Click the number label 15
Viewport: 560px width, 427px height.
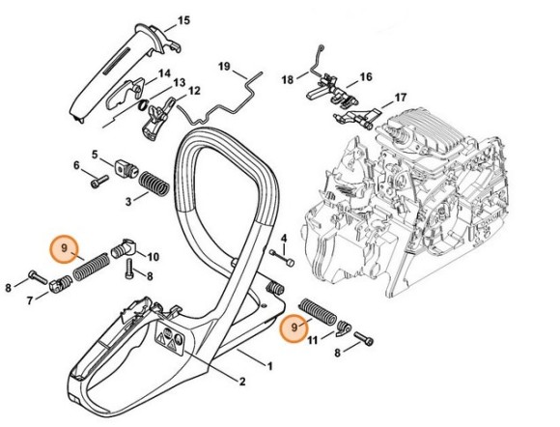pos(184,20)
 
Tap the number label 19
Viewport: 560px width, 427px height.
pos(224,67)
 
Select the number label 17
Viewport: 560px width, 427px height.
pos(401,98)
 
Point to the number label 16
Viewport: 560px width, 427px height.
pos(366,76)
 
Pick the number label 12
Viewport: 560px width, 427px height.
pos(194,91)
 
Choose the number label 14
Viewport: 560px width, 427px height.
pos(164,73)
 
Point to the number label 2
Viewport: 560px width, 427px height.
pos(241,379)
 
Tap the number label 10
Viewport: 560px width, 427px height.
pos(153,256)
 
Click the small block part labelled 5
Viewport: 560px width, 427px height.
pos(122,165)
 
